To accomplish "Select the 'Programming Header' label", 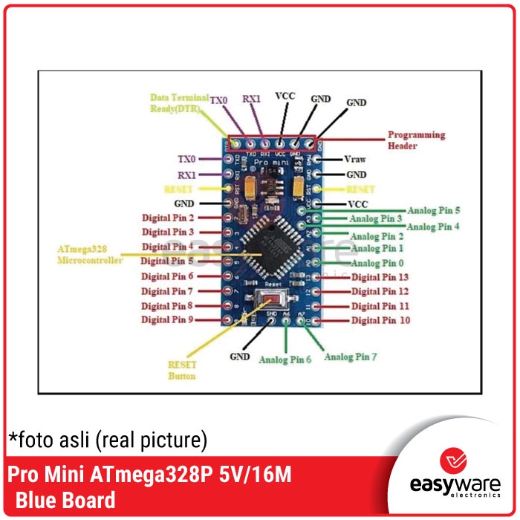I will (416, 140).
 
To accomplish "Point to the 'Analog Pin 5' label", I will (433, 210).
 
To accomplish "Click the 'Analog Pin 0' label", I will (377, 263).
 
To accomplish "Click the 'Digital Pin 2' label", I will (167, 218).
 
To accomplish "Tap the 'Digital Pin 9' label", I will (167, 319).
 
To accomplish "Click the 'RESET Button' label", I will (182, 370).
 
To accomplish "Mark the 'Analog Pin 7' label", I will (351, 357).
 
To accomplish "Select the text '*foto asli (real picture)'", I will (108, 440).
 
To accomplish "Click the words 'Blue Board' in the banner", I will (65, 500).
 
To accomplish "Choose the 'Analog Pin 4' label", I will (433, 227).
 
